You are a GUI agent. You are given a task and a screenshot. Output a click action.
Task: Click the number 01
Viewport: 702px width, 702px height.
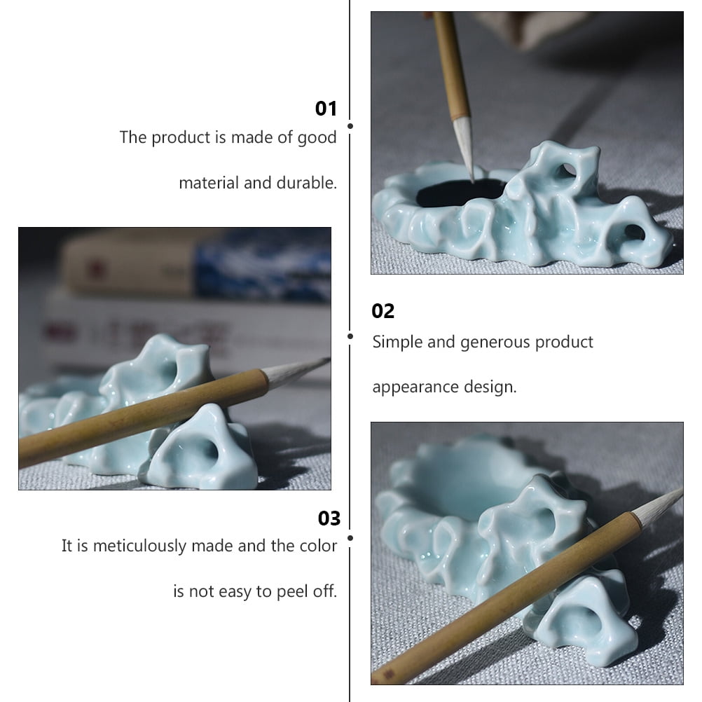click(x=326, y=109)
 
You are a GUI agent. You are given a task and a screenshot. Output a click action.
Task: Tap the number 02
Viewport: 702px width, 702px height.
click(x=383, y=311)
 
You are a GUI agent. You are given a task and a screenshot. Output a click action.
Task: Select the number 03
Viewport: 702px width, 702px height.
click(x=329, y=518)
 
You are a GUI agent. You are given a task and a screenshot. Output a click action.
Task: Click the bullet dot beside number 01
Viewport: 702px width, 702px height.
click(x=350, y=126)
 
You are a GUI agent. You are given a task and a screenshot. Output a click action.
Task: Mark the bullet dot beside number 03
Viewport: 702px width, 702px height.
click(x=350, y=538)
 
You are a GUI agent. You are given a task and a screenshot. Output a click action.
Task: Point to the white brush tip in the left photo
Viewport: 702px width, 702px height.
click(x=294, y=371)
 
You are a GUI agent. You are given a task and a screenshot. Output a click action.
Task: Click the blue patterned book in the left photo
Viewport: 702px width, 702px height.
click(x=262, y=266)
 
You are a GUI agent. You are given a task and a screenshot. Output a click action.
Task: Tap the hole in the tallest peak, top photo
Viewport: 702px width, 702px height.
click(x=565, y=171)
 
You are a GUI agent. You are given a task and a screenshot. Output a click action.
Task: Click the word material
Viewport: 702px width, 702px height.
click(x=209, y=183)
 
